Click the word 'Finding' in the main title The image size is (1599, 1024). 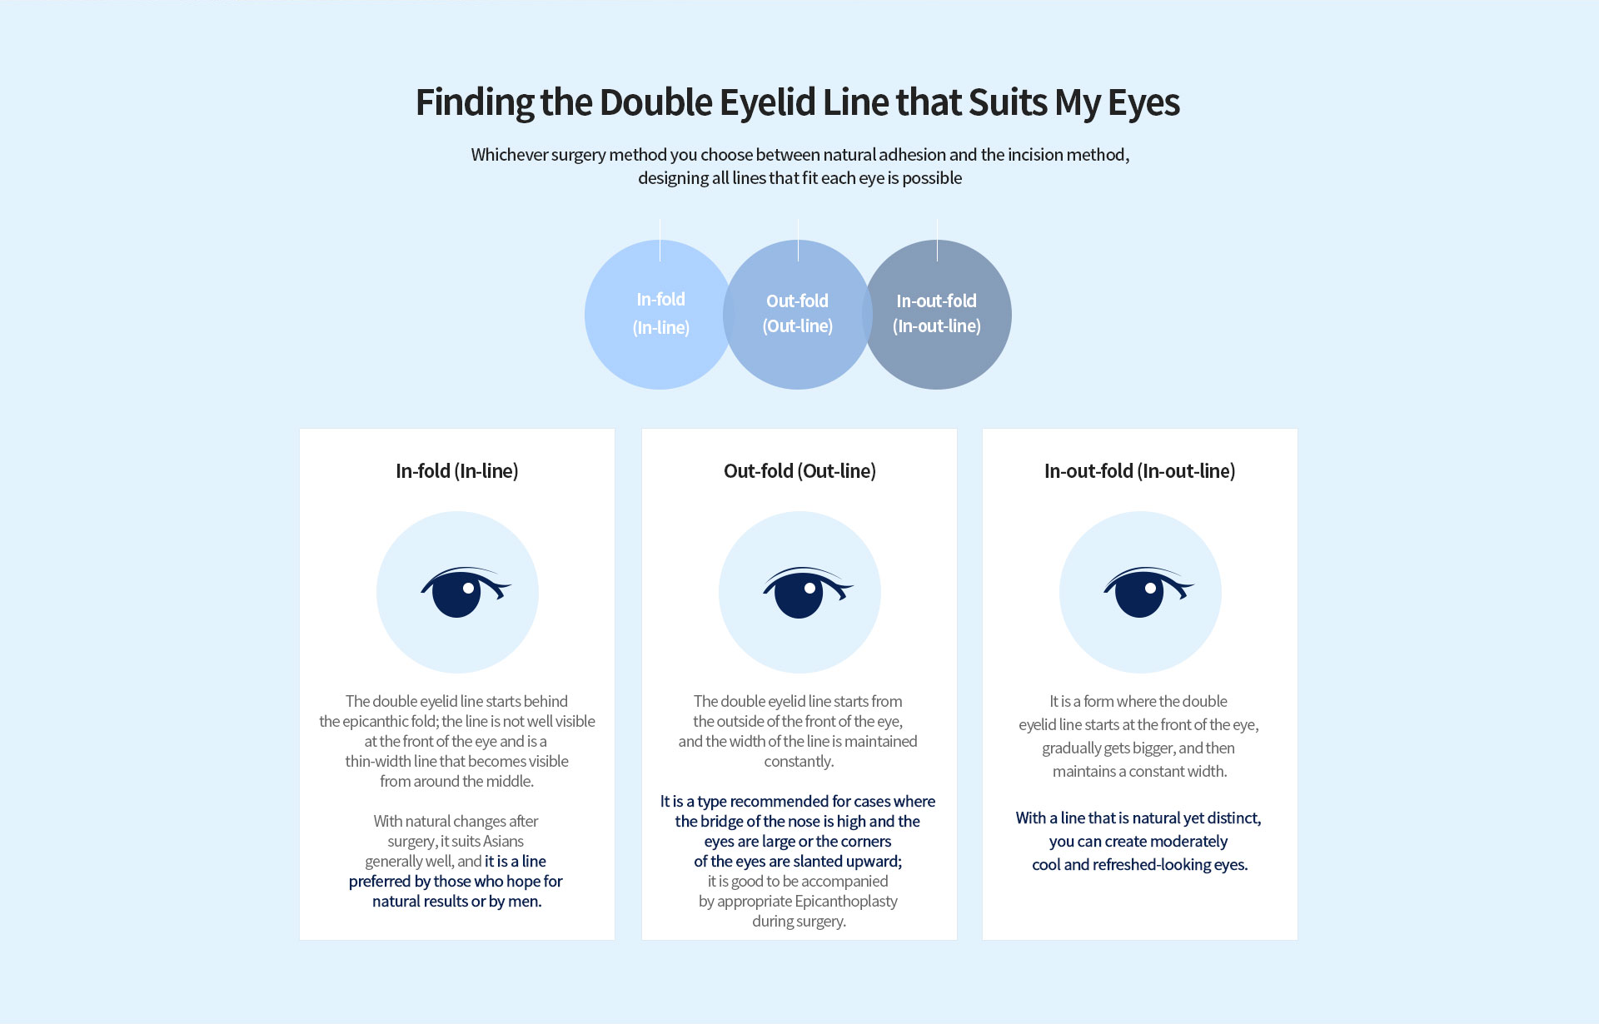[x=475, y=103]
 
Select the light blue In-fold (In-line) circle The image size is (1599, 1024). [x=660, y=315]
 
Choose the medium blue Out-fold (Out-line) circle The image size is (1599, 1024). [x=798, y=315]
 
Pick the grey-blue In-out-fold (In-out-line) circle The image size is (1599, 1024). [x=937, y=315]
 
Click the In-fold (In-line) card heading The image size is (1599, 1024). [x=457, y=471]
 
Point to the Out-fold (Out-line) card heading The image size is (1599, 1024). [x=799, y=471]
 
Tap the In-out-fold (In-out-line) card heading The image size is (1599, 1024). [x=1140, y=471]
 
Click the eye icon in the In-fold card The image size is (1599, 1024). [x=466, y=592]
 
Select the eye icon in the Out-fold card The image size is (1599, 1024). [x=808, y=592]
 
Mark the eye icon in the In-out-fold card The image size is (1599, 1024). [x=1148, y=592]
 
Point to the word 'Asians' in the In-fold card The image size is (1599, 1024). [x=504, y=841]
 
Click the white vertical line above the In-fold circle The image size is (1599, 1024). [x=660, y=240]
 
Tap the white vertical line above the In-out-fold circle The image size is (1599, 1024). [x=937, y=240]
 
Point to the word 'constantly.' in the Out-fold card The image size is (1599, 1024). [x=799, y=762]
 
